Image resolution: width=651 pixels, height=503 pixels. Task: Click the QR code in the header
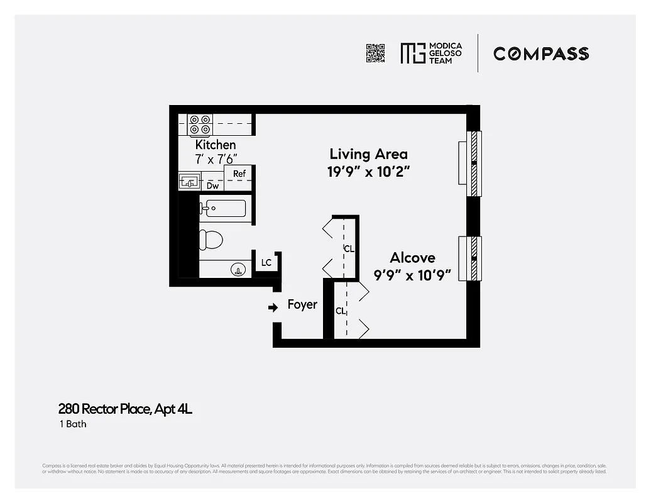(375, 53)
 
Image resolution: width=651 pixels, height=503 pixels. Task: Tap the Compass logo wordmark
(540, 53)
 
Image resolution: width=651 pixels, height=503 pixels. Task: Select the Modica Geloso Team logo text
(444, 53)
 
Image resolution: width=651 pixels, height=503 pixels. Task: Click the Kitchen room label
(216, 145)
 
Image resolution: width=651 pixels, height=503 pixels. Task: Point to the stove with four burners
(200, 124)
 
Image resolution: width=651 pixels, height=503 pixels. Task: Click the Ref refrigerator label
(239, 174)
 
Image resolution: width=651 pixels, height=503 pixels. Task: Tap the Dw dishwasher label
(213, 185)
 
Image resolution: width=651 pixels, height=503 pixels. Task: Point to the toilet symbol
(211, 240)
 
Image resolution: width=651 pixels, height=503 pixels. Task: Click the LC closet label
(266, 263)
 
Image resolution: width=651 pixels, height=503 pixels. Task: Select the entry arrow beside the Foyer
(273, 307)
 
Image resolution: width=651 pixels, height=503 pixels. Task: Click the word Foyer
(302, 305)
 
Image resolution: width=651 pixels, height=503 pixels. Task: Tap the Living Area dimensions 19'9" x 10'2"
(368, 172)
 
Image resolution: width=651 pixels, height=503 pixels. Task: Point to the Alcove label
(412, 258)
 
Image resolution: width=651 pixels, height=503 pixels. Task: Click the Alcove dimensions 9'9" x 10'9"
(413, 275)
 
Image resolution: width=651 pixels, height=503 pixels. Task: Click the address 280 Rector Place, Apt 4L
(125, 409)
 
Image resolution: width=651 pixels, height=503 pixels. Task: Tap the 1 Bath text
(72, 424)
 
